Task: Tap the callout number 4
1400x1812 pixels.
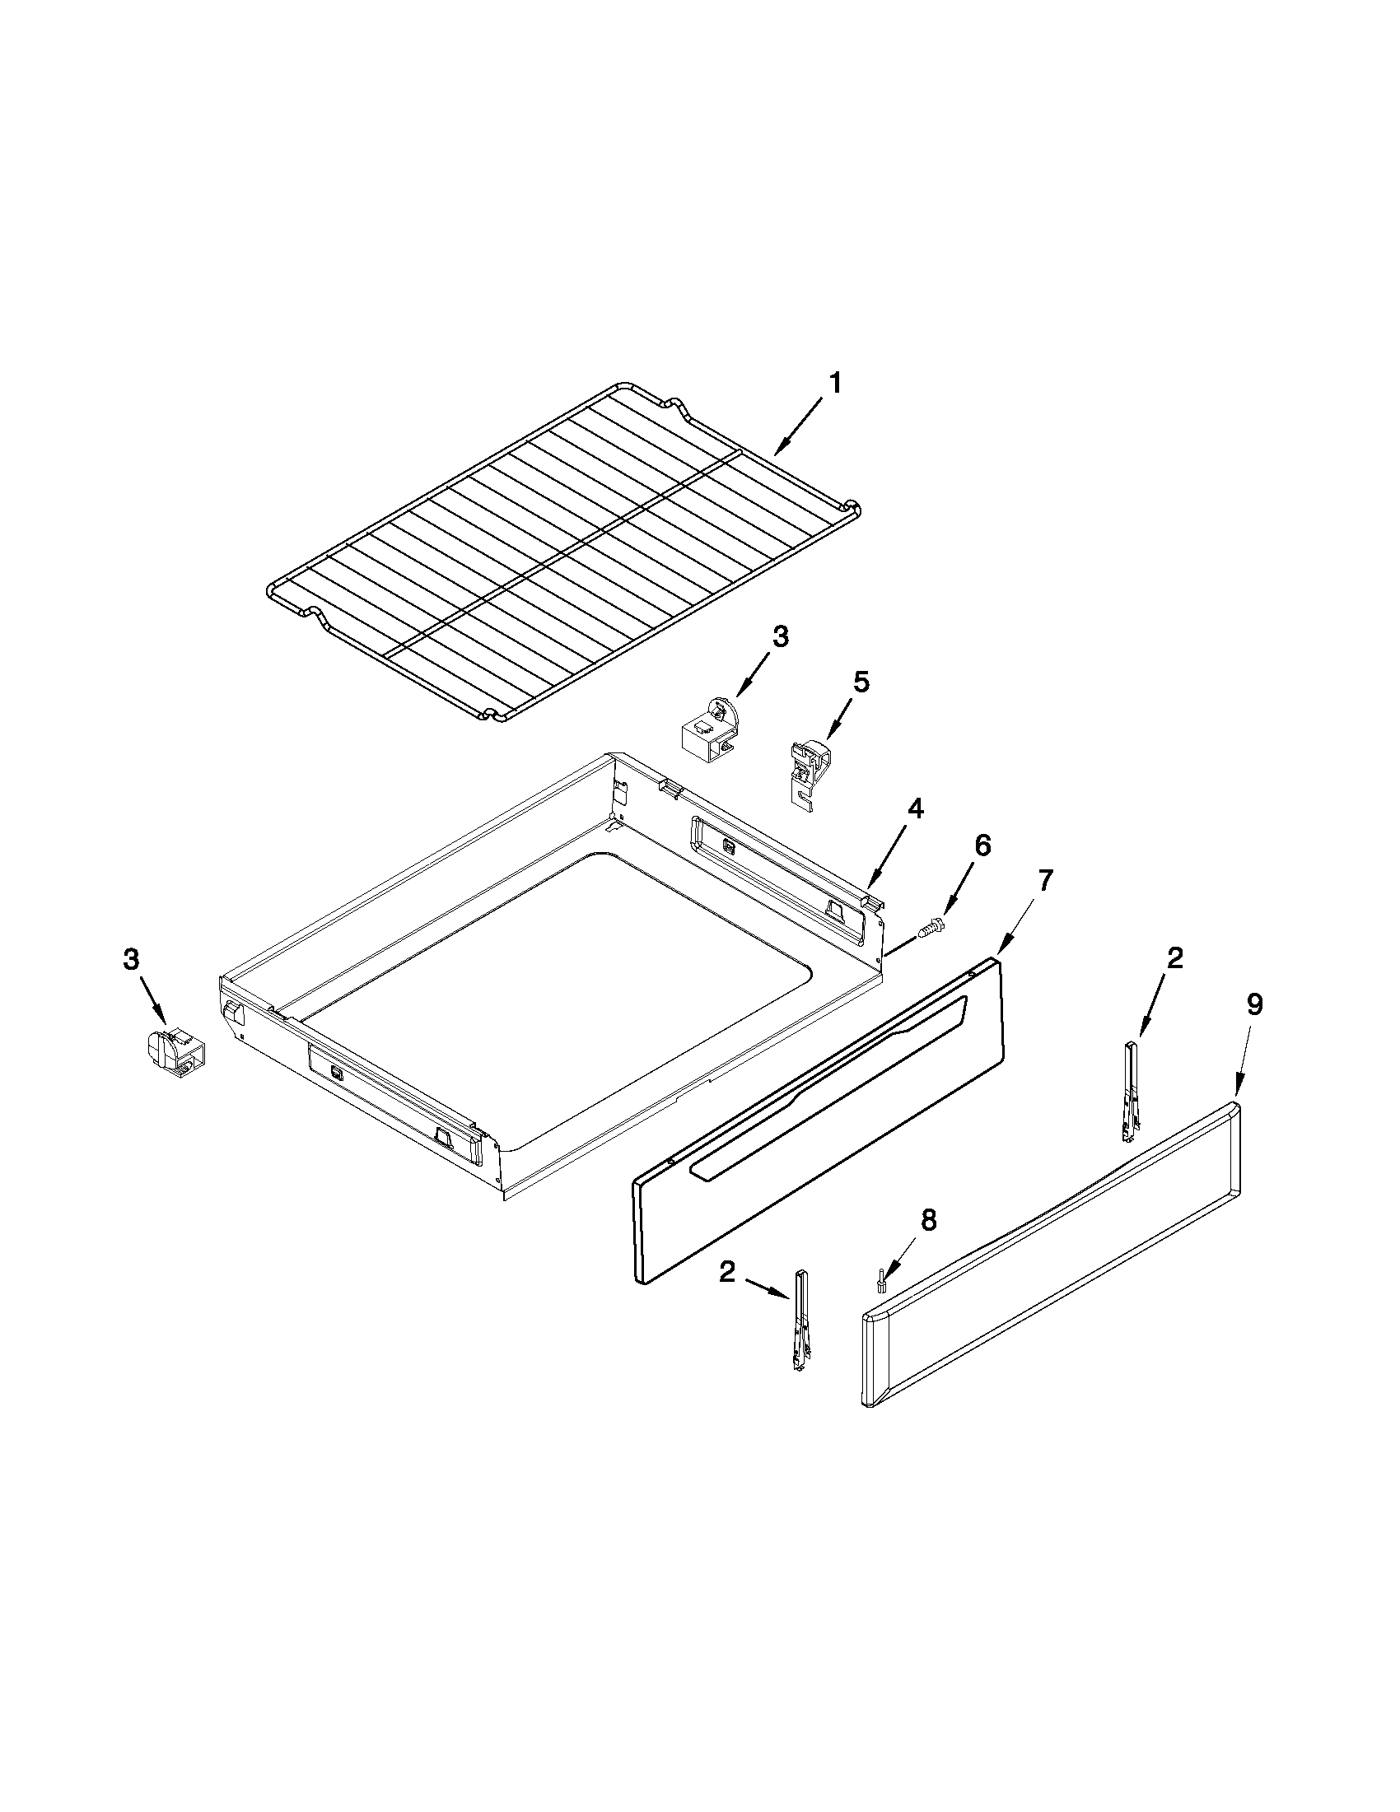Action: tap(913, 808)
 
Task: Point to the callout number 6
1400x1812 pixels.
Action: tap(982, 845)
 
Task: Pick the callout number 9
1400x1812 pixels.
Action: tap(1254, 1004)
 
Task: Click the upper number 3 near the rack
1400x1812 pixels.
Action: tap(780, 637)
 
